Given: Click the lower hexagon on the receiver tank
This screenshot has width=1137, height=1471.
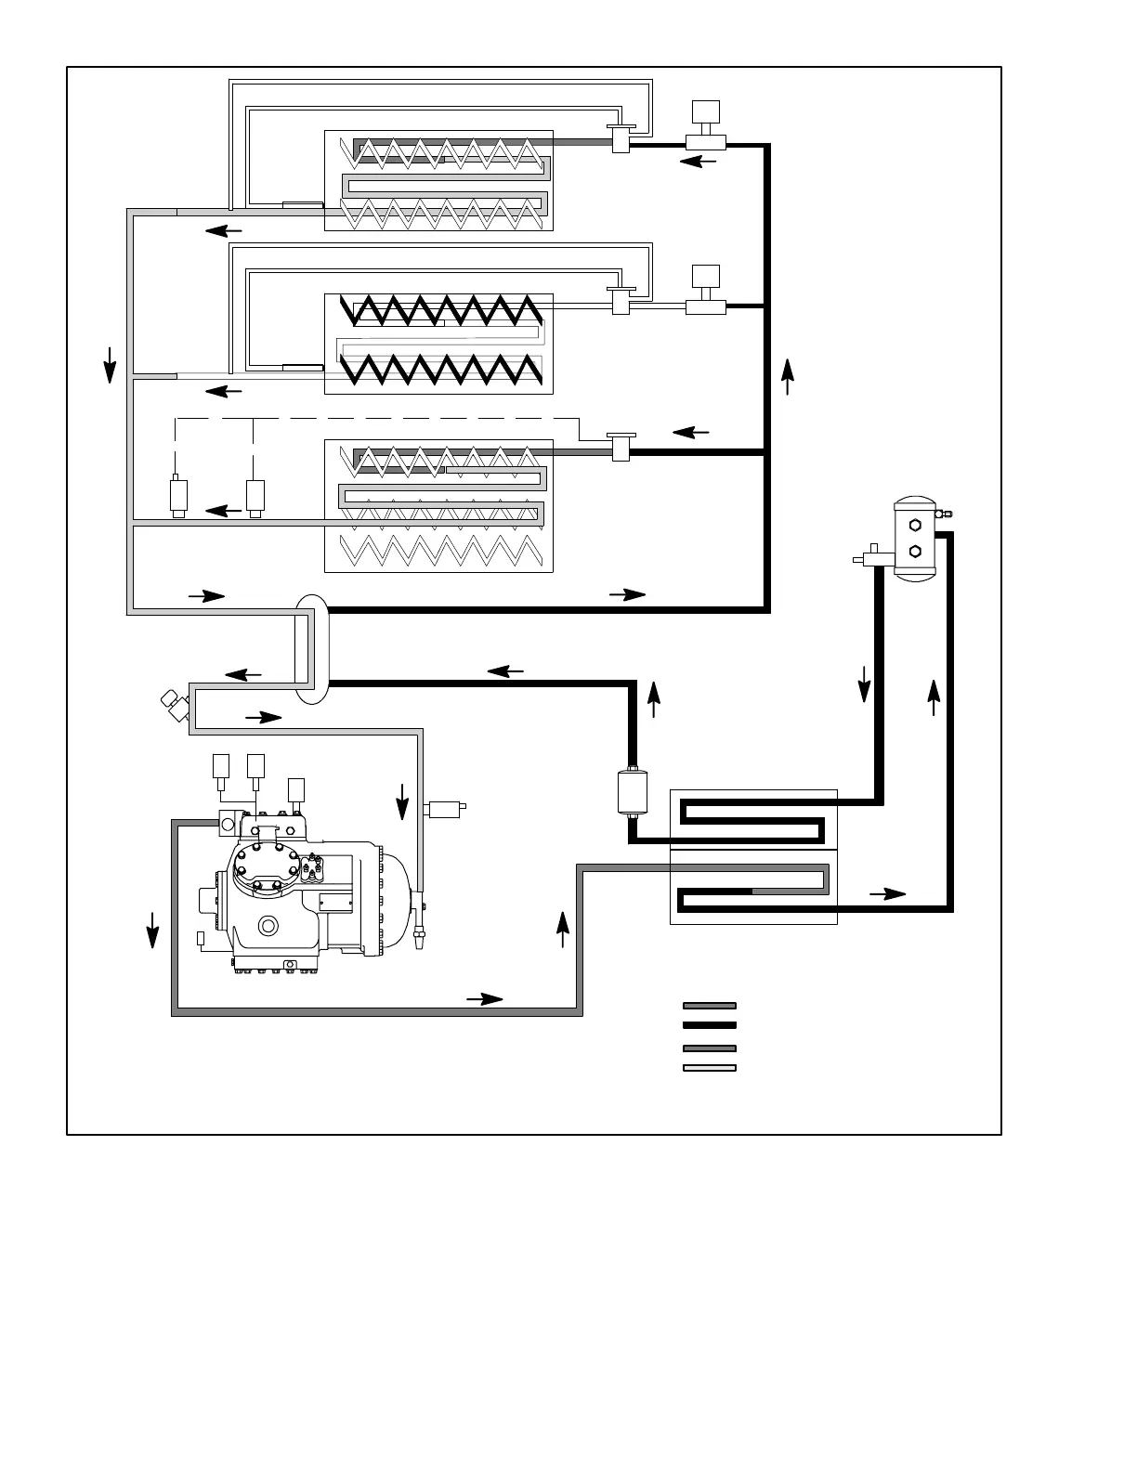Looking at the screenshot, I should [x=915, y=551].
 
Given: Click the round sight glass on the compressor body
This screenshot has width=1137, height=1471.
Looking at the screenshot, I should [x=269, y=926].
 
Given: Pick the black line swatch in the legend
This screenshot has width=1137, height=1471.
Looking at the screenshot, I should [x=710, y=1025].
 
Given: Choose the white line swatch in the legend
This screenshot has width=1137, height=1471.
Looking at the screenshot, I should [x=710, y=1068].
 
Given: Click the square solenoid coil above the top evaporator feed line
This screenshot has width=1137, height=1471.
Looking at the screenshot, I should [x=706, y=111].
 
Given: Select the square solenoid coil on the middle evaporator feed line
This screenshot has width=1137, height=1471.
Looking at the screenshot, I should [x=706, y=277].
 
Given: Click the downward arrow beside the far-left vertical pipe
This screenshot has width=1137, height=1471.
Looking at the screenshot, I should [x=110, y=364].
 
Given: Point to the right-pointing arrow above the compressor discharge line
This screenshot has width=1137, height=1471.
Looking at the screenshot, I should [x=484, y=999].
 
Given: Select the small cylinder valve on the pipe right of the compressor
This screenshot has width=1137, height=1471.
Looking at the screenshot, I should [x=444, y=808].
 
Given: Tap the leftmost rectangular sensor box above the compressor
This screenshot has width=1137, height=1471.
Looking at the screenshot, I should [x=221, y=766].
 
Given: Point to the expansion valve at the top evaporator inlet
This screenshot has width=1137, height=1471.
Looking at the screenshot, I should [x=620, y=138].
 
